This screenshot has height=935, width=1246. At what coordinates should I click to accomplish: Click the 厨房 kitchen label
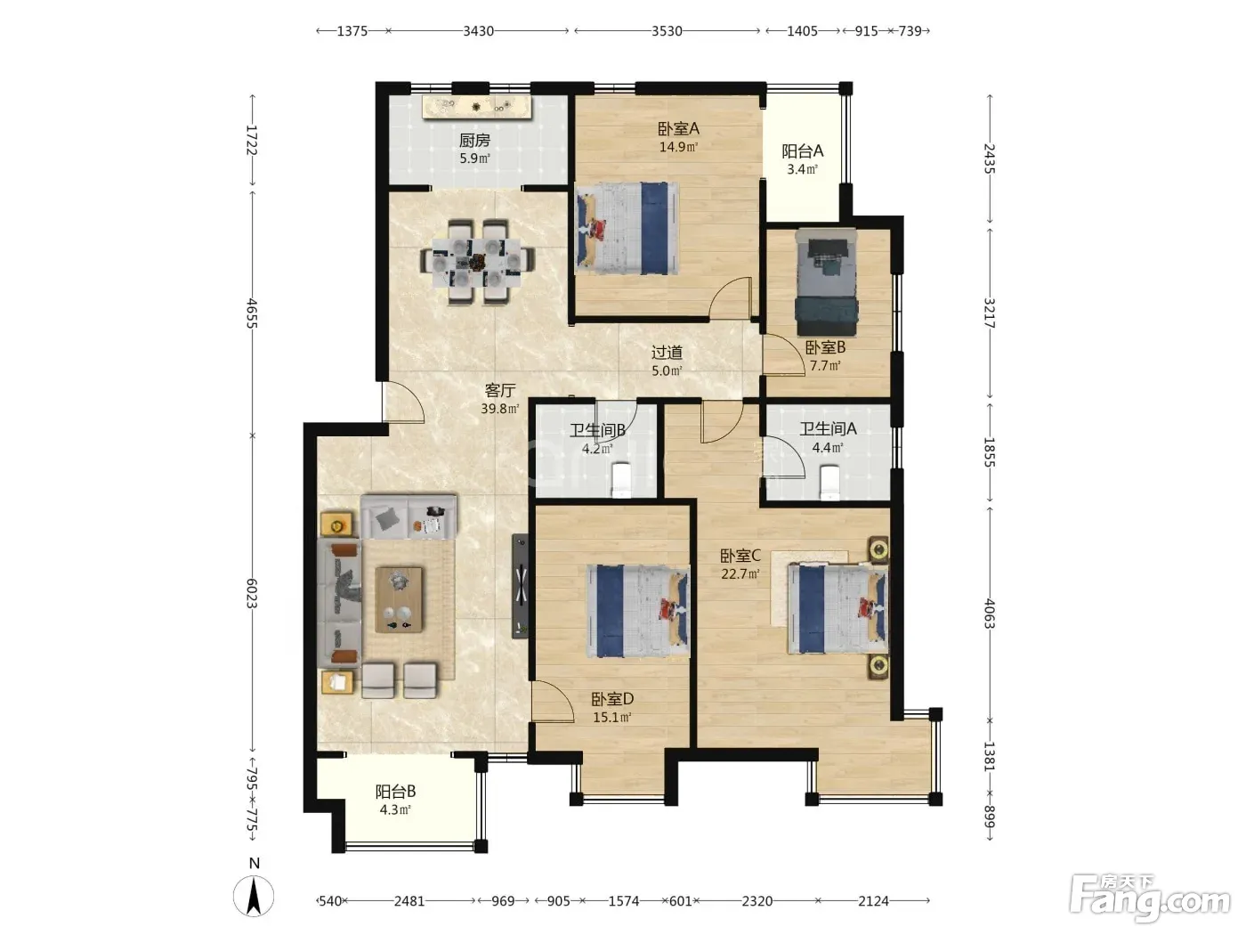point(474,140)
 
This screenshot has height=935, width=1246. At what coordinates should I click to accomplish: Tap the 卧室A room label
point(678,128)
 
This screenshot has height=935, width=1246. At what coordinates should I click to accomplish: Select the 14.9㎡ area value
point(678,147)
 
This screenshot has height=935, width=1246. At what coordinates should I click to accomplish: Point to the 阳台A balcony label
point(802,151)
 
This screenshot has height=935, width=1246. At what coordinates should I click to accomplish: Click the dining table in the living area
point(477,263)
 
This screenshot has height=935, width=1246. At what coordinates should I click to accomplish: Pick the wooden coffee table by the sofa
point(399,599)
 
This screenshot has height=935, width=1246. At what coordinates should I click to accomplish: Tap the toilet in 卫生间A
point(829,483)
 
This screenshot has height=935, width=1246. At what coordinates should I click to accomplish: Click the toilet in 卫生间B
point(621,480)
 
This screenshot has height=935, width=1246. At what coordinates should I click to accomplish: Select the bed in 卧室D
point(638,611)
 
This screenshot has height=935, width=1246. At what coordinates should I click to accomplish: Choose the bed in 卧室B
point(826,282)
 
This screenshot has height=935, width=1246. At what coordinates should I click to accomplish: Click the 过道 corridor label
point(667,353)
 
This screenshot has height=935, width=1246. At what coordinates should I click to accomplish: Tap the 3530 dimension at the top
point(667,30)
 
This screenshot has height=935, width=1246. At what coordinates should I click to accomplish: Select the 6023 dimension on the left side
point(252,594)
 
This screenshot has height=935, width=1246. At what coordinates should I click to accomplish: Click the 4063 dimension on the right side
point(990,614)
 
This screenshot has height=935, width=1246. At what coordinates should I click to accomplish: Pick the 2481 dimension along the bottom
point(409,901)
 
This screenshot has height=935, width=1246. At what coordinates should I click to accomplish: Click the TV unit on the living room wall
point(521,586)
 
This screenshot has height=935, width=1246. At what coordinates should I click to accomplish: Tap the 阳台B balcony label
point(395,792)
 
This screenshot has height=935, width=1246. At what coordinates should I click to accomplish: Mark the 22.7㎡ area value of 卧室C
point(740,574)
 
